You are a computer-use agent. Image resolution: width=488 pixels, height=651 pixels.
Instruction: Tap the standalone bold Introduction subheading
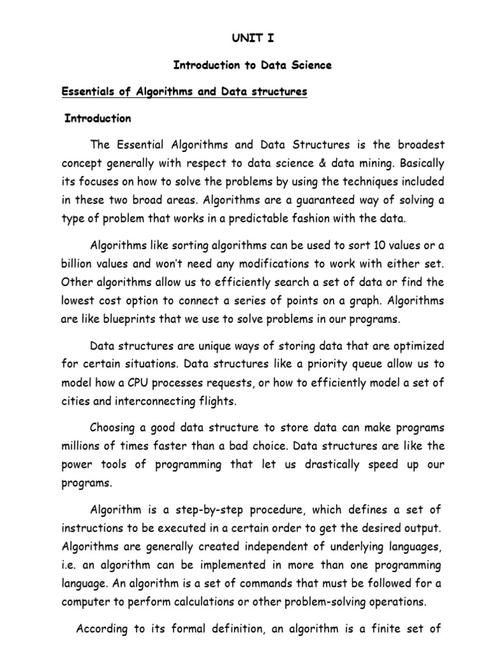tap(98, 118)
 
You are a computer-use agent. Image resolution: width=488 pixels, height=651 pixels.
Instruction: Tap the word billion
tap(78, 264)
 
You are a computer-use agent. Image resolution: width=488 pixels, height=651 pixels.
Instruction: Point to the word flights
tap(218, 401)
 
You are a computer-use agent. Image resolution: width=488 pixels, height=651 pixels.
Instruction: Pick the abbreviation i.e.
tap(71, 565)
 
